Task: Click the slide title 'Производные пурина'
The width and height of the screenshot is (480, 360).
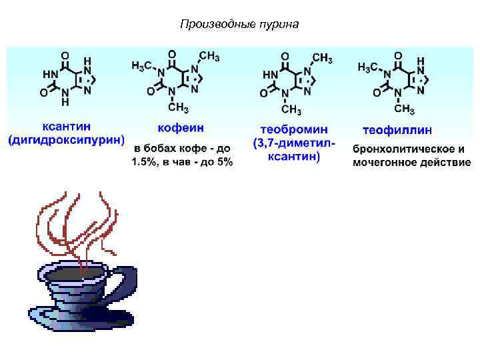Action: tap(240, 25)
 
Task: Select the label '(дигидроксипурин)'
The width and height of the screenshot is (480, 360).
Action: tap(67, 140)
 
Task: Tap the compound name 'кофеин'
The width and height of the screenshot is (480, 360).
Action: tap(181, 127)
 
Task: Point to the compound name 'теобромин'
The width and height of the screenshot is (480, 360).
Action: tap(294, 128)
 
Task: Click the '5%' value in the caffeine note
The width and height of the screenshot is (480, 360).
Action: tap(223, 162)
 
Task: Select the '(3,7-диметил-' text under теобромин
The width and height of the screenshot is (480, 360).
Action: tap(294, 143)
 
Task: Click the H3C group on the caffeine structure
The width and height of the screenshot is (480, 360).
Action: tap(142, 65)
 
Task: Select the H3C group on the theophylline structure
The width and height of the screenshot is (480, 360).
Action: tap(369, 67)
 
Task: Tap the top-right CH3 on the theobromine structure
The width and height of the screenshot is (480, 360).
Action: tap(322, 58)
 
